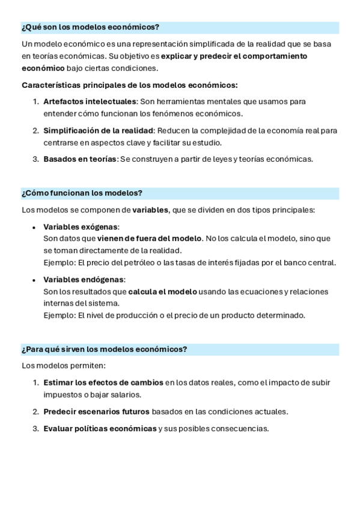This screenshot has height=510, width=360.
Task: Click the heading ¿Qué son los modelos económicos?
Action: point(90,28)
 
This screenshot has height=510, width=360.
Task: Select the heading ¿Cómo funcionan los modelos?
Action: point(82,193)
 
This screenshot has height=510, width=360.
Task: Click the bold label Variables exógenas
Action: point(81,227)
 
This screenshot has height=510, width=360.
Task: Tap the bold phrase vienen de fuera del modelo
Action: point(150,238)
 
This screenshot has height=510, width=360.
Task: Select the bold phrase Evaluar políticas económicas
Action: point(100,428)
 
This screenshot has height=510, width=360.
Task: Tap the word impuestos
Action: point(62,395)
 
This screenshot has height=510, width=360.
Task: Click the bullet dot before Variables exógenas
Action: point(34,227)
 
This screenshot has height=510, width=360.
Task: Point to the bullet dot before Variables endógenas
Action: point(34,280)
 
